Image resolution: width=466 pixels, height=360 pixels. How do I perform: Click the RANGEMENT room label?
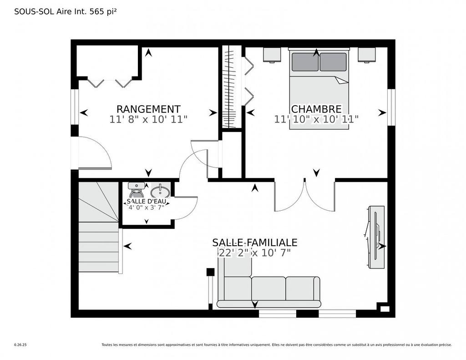148,109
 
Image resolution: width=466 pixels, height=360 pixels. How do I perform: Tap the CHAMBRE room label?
316,109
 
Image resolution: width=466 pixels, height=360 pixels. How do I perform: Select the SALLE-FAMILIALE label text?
254,242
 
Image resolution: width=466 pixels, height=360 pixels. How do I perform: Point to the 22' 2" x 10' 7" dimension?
254,253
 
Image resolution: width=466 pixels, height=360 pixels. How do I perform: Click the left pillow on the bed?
305,62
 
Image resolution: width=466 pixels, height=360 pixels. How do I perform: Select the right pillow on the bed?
333,62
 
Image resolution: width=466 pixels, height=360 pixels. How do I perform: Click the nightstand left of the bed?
273,55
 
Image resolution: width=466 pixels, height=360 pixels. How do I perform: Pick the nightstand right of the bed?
366,55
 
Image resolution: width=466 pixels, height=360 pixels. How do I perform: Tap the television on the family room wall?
376,237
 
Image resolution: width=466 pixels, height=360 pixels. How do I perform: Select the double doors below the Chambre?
305,196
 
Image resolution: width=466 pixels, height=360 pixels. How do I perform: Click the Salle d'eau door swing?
186,208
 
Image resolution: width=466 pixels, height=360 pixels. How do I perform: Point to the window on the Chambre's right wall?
391,106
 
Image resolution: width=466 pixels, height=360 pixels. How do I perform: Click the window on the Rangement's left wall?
74,106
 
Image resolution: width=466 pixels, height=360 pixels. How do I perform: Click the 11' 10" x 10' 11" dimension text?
316,119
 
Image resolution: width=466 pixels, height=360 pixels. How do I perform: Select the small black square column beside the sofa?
210,272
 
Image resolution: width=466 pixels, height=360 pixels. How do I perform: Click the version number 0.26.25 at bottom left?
20,345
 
